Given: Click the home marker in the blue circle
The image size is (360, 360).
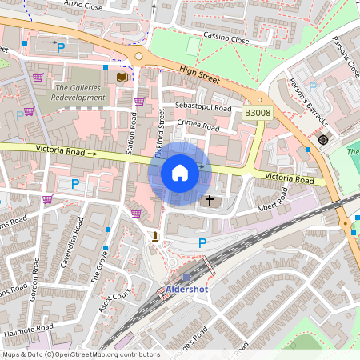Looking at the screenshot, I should click(x=180, y=173).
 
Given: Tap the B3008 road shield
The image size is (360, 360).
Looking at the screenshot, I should click(x=258, y=114).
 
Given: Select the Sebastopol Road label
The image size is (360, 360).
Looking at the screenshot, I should click(x=204, y=109).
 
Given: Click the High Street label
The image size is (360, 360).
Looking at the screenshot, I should click(x=199, y=73).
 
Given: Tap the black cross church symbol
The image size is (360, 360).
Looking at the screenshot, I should click(x=210, y=200).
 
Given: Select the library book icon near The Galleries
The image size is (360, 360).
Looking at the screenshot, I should click(x=122, y=77).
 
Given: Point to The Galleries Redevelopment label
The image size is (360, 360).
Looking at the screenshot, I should click(x=80, y=92).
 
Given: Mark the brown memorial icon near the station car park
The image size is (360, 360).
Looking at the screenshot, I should click(x=154, y=237).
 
